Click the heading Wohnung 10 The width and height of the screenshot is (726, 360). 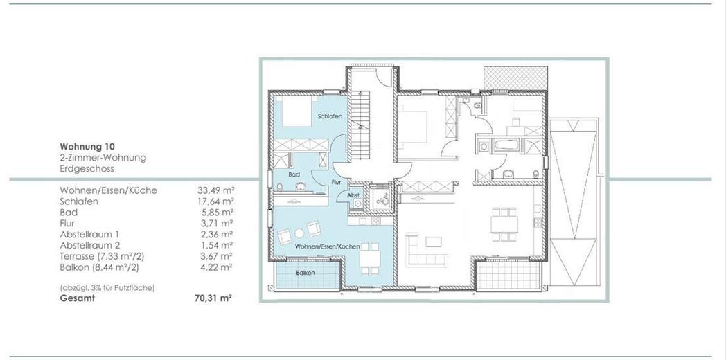[x=87, y=147]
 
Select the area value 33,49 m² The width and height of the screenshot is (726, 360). [x=215, y=190]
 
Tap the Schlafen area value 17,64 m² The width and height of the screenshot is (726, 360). [x=215, y=201]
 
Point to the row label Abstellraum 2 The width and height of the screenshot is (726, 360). [x=89, y=245]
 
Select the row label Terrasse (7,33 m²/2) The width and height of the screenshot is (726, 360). [x=101, y=256]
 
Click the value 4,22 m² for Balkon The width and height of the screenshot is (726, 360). [x=217, y=267]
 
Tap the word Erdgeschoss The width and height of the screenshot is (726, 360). [x=87, y=168]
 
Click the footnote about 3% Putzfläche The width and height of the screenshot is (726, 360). [x=107, y=287]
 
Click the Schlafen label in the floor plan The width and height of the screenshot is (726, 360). [x=329, y=116]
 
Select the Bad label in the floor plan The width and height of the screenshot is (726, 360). [x=294, y=175]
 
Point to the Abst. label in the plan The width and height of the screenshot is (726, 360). [x=353, y=196]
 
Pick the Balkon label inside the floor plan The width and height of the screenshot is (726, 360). [x=306, y=273]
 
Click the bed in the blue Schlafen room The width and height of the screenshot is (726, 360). [x=296, y=111]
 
